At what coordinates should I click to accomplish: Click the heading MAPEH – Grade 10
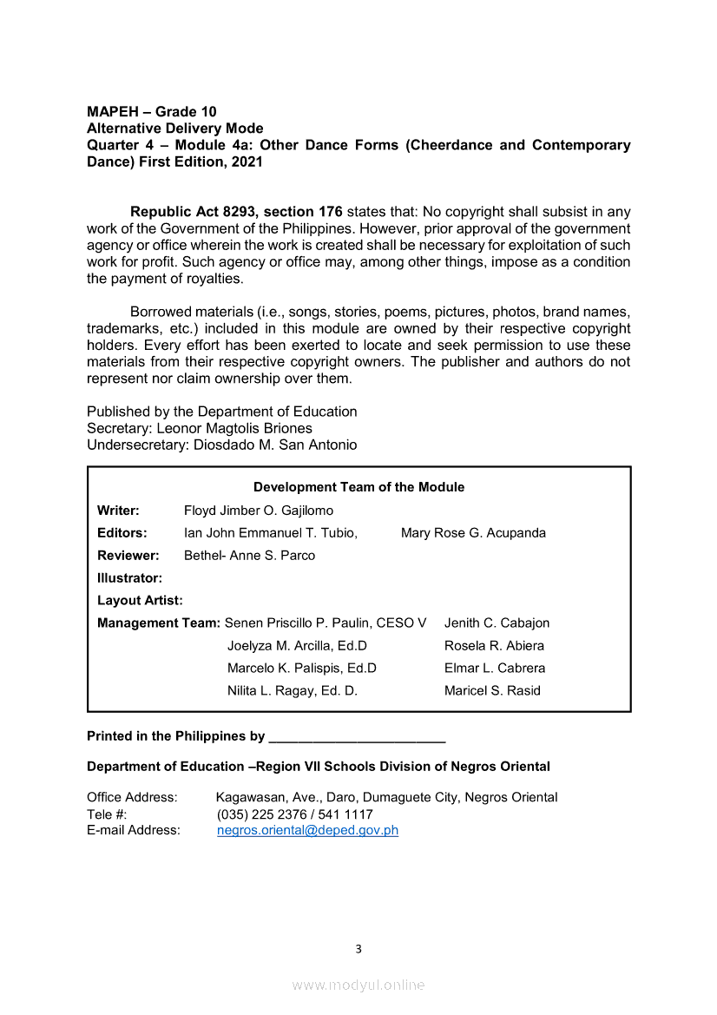click(152, 111)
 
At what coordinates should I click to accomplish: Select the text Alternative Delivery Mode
click(174, 128)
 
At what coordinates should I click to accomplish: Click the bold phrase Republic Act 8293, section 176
click(236, 212)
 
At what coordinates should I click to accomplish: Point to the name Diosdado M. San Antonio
click(274, 445)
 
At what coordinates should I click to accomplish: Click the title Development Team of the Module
click(358, 487)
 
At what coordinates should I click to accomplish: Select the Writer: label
click(118, 511)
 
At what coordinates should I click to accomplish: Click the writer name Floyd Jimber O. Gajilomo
click(259, 511)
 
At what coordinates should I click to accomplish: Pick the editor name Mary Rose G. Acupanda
click(473, 533)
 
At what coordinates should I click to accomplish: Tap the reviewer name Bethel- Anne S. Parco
click(249, 556)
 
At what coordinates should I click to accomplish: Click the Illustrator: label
click(129, 578)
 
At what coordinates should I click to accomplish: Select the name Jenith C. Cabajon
click(497, 623)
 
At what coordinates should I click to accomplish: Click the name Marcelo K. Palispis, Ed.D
click(302, 669)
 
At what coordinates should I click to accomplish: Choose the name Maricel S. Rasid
click(492, 691)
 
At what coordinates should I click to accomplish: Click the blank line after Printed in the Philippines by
click(357, 736)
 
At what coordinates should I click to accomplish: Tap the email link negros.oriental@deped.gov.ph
click(307, 830)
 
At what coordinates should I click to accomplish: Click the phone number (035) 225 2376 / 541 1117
click(294, 814)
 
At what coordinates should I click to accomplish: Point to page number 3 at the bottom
click(358, 949)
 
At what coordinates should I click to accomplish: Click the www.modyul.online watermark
click(358, 985)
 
